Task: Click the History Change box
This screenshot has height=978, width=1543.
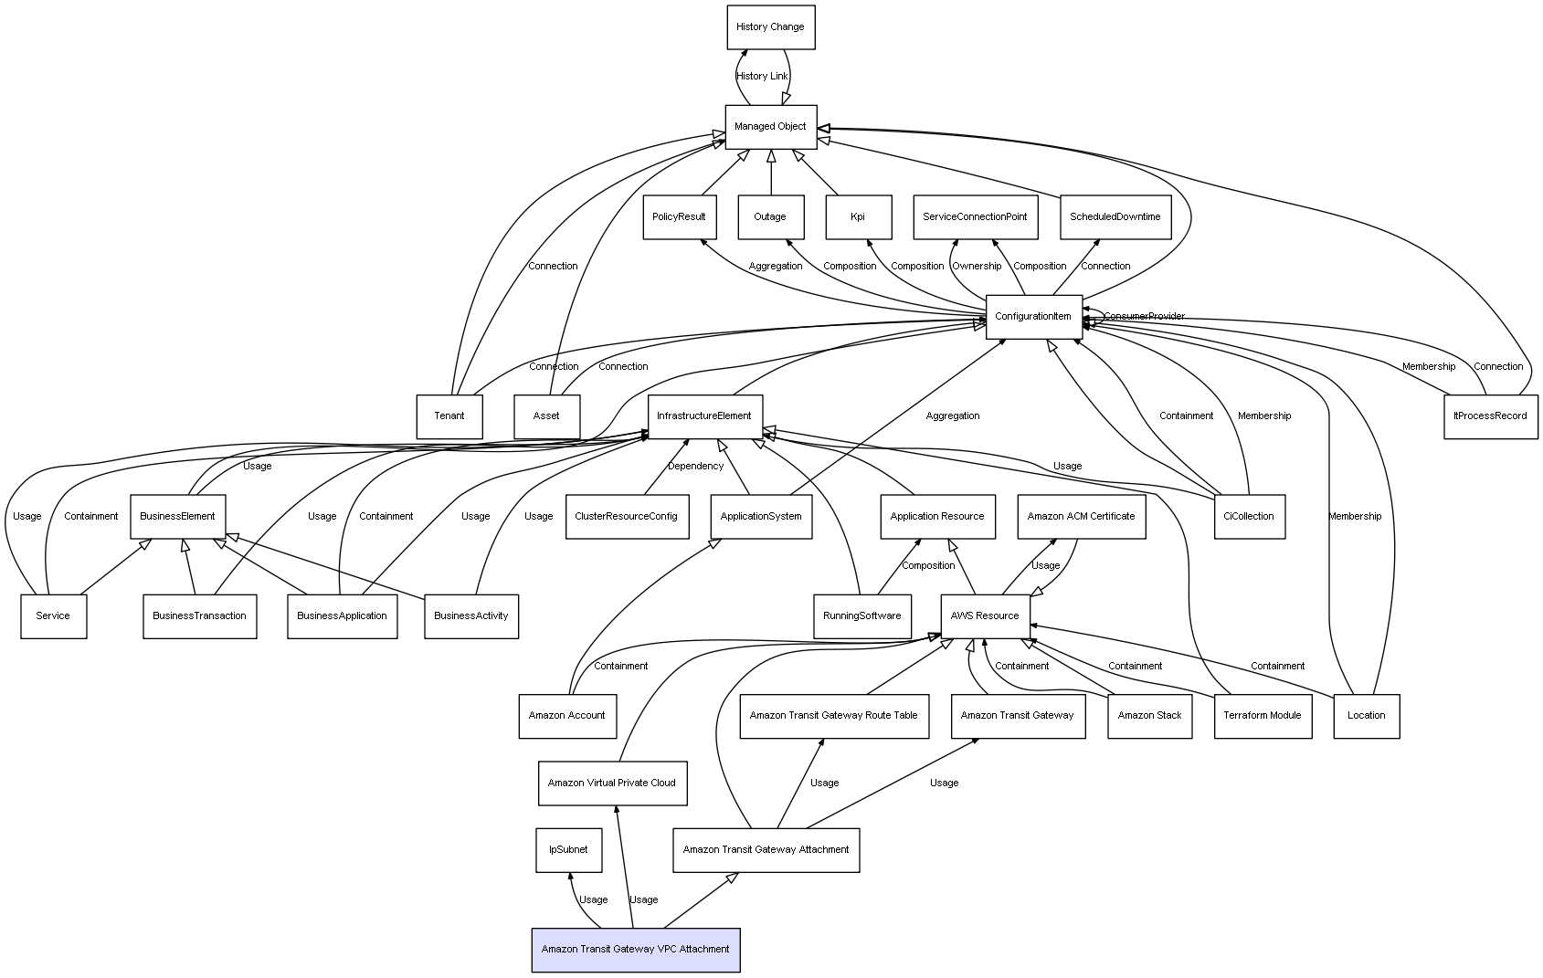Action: point(770,27)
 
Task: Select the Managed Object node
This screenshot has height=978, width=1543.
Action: point(770,127)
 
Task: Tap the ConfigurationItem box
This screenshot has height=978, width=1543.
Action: point(1033,317)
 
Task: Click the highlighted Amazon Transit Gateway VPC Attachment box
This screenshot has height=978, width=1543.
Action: point(635,950)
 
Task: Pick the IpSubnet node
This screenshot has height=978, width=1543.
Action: point(568,850)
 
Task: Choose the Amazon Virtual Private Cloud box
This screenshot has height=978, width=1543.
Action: point(612,783)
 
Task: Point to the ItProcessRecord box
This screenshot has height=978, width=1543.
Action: point(1490,416)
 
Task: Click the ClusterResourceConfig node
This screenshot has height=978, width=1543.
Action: point(626,517)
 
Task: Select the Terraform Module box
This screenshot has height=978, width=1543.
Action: point(1262,716)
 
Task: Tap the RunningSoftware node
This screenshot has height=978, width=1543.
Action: point(861,616)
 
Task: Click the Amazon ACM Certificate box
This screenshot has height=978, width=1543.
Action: point(1081,517)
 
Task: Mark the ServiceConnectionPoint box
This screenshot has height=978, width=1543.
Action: point(975,217)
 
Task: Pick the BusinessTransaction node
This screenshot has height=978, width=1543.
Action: point(199,616)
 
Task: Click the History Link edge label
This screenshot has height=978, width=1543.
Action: point(762,77)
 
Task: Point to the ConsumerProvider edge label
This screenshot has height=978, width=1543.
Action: point(1144,317)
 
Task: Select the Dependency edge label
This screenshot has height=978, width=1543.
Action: point(695,467)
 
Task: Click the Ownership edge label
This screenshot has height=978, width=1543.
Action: point(977,267)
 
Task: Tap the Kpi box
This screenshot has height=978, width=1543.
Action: point(858,217)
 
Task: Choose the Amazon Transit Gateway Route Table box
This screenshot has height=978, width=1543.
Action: point(833,716)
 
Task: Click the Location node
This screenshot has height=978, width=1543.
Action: point(1366,716)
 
